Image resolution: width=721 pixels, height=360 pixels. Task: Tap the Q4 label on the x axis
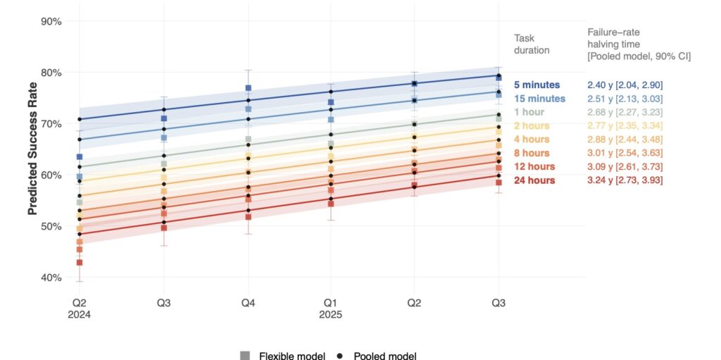pos(247,302)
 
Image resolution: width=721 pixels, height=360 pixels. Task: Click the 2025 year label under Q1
pos(331,315)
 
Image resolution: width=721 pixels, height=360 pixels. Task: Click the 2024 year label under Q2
pos(80,315)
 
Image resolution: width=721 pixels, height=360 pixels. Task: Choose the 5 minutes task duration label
pos(537,85)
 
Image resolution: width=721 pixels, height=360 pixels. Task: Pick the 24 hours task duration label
pos(533,180)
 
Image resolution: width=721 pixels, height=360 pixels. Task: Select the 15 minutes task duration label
pos(539,99)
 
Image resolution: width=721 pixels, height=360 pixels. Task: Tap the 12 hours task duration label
pos(533,167)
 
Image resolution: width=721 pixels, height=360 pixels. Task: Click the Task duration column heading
pos(532,44)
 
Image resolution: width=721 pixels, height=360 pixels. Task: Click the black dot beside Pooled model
pos(340,356)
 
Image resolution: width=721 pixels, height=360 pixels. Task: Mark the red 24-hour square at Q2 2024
pos(80,263)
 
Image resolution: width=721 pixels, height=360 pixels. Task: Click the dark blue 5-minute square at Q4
pos(248,88)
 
